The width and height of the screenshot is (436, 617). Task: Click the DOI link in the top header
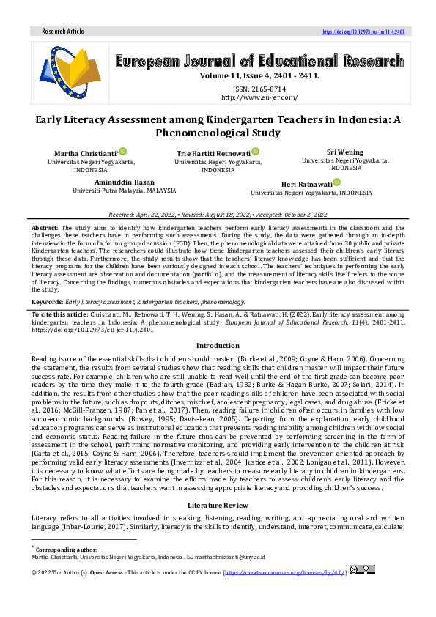point(363,32)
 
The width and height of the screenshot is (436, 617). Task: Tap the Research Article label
point(63,32)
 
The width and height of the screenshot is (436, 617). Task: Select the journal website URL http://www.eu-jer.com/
point(259,97)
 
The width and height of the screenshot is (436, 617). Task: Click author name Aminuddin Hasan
point(125,182)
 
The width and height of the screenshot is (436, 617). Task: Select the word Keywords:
point(47,301)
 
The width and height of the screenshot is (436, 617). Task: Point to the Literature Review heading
point(218,506)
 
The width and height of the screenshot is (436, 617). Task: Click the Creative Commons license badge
point(363,569)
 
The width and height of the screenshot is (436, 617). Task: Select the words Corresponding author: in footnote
point(66,549)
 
